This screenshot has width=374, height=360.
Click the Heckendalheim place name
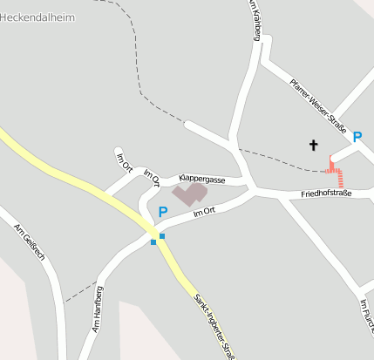pos(37,17)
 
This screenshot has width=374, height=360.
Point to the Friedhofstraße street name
pos(325,193)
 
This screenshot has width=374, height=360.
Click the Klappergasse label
pos(202,180)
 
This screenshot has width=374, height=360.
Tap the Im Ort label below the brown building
pos(204,212)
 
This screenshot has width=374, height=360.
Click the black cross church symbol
pos(313,145)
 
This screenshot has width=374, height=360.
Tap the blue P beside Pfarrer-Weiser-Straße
pos(357,136)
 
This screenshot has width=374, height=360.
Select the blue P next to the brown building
pos(162,212)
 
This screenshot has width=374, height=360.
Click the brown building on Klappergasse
pos(189,194)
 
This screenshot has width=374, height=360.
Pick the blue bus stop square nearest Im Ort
pos(161,235)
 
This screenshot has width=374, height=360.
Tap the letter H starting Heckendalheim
pos(4,17)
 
